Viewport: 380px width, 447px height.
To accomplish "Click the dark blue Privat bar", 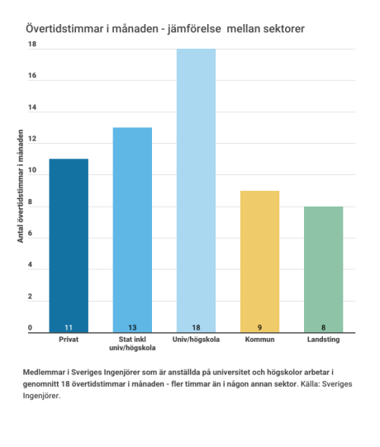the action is (x=69, y=245).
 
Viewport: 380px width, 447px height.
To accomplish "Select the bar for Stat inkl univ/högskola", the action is (x=132, y=230).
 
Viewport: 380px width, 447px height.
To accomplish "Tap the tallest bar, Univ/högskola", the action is (x=196, y=190).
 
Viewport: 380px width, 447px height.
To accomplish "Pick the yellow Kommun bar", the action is (x=259, y=261).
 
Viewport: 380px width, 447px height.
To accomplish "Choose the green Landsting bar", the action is (x=324, y=269).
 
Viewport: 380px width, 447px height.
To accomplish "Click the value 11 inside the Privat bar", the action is (x=69, y=327).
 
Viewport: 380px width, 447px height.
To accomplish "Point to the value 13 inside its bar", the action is (x=132, y=327).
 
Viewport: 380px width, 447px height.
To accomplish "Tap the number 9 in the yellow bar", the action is (x=259, y=327).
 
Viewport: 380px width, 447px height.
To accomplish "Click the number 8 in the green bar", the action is (x=324, y=327).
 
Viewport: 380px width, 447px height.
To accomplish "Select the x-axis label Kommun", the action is (x=259, y=340).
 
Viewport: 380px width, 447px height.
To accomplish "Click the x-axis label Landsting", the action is (x=324, y=340).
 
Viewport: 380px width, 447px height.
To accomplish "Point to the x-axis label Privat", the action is (x=69, y=340).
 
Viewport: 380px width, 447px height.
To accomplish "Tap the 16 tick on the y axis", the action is (x=32, y=75).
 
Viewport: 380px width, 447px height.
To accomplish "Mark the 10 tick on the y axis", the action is (x=32, y=170).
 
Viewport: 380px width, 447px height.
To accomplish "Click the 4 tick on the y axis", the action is (x=30, y=264).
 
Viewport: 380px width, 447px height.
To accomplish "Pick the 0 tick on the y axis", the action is (x=30, y=327).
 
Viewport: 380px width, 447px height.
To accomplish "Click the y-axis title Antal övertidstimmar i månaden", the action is (x=21, y=186).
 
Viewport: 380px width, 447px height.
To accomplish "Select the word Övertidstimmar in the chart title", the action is (x=64, y=29).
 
